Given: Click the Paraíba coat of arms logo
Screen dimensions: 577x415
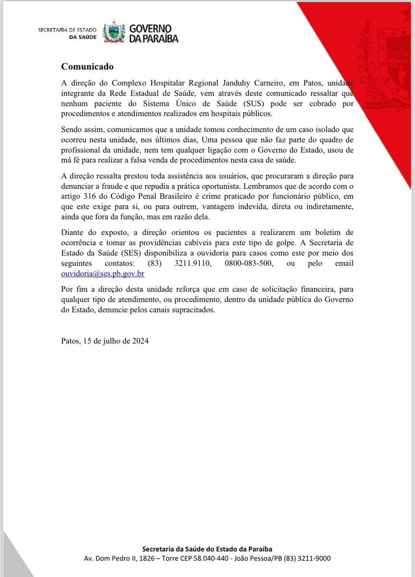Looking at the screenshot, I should click(114, 32).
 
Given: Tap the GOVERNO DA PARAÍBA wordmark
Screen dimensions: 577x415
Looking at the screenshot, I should click(154, 33).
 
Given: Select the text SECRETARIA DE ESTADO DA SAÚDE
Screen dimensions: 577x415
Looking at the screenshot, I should click(67, 33).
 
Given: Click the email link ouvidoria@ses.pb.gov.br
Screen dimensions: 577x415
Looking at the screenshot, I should click(103, 274).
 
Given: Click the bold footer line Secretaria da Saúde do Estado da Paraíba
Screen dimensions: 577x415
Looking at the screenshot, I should click(207, 549).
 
